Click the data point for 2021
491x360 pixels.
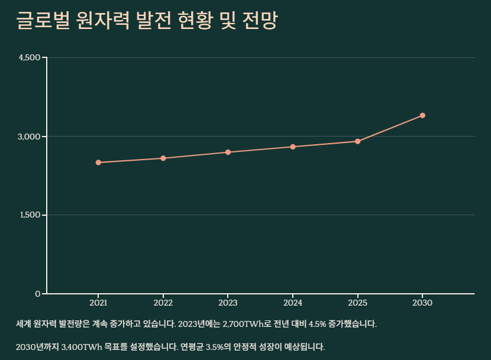(x=98, y=163)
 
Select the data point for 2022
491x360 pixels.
(x=163, y=158)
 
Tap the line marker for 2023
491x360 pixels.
(x=228, y=153)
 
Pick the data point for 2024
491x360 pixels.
(x=293, y=147)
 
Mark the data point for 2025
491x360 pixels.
(x=358, y=141)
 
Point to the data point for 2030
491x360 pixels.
(x=422, y=115)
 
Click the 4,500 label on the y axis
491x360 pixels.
(x=29, y=58)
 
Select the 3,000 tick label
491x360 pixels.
(x=29, y=137)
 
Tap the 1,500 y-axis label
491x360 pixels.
(x=30, y=215)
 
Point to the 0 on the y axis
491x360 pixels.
(x=37, y=294)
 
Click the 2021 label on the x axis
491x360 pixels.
(x=98, y=303)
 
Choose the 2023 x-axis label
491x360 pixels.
(x=228, y=303)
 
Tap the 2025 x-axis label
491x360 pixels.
(x=358, y=303)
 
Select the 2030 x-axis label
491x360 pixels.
(x=422, y=303)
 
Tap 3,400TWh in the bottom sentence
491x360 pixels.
(x=84, y=346)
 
